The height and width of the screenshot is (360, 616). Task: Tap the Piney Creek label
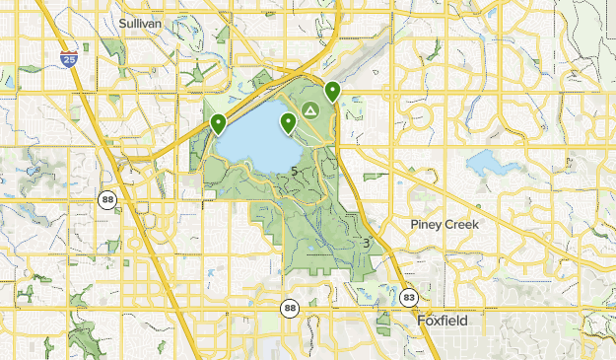(x=445, y=225)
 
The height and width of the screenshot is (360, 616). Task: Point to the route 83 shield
(x=409, y=297)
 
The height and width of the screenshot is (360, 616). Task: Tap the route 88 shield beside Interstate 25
(x=106, y=200)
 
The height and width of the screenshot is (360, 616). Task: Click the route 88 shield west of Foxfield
(x=289, y=309)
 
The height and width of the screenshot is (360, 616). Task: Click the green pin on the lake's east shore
(x=289, y=123)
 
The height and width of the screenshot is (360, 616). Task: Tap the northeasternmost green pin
(x=333, y=92)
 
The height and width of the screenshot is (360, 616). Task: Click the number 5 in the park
(x=296, y=172)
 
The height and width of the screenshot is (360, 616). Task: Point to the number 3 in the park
(x=366, y=244)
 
